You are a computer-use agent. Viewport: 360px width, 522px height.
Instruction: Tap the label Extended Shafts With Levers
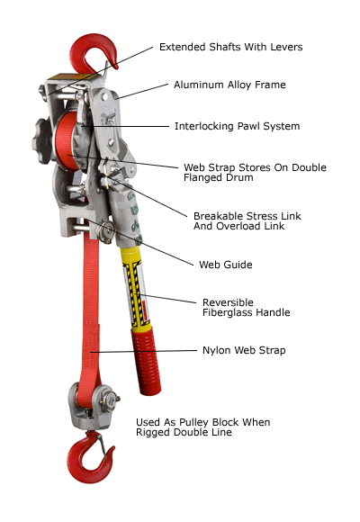[x=231, y=47]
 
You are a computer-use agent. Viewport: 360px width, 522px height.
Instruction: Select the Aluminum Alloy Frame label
[x=229, y=85]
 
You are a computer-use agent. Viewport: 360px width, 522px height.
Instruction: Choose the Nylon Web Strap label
[x=242, y=350]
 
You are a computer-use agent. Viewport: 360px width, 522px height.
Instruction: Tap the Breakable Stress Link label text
[x=246, y=216]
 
